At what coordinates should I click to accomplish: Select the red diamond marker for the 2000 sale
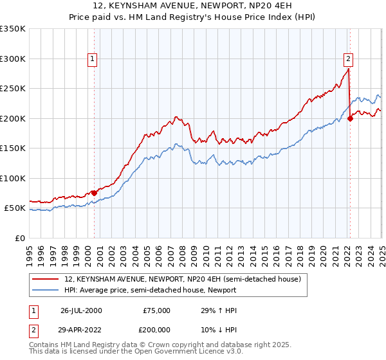pos(94,193)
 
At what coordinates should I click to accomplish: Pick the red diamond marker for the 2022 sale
pos(350,118)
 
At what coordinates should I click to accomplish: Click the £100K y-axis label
pos(13,178)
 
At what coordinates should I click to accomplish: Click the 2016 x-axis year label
pos(276,251)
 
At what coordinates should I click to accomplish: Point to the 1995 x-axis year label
pos(30,251)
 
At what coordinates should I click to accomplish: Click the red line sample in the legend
pos(46,279)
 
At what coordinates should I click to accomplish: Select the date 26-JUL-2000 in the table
pos(81,310)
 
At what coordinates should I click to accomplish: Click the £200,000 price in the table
pos(157,328)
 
